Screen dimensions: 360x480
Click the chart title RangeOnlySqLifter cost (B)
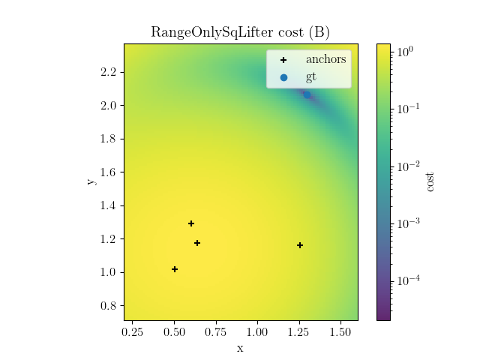coord(240,32)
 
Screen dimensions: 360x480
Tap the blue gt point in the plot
coord(306,94)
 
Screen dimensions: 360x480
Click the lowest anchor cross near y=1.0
coord(175,269)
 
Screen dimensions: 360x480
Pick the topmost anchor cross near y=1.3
coord(191,223)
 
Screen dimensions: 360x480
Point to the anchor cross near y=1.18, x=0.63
coord(197,243)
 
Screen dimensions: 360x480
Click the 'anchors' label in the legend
coord(325,59)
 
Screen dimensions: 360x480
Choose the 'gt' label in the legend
coord(311,76)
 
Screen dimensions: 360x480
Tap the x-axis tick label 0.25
coord(133,331)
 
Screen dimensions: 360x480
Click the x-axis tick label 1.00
coord(257,331)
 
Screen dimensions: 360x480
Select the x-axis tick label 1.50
coord(340,331)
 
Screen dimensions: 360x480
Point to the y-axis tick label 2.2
coord(109,72)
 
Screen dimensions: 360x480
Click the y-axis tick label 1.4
coord(109,205)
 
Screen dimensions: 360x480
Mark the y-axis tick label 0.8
coord(109,306)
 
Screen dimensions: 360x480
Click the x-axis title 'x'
coord(240,348)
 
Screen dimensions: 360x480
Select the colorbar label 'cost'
coord(430,181)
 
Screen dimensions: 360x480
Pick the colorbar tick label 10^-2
coord(409,166)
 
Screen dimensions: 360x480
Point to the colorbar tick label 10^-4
coord(409,280)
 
